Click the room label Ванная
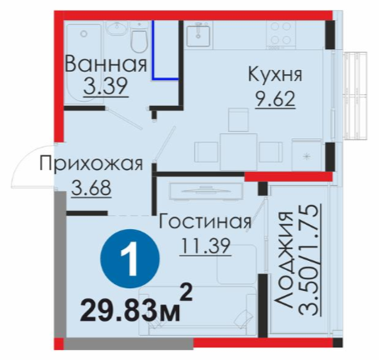[x=106, y=64]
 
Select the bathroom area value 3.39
[x=106, y=86]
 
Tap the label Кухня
[x=275, y=74]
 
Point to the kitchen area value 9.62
[x=275, y=98]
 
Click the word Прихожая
[x=91, y=163]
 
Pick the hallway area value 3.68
[x=92, y=187]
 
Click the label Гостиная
[x=205, y=221]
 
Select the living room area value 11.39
[x=205, y=246]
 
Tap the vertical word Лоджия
[x=284, y=260]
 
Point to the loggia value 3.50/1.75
[x=308, y=260]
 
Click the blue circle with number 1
[x=130, y=258]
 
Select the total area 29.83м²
[x=136, y=306]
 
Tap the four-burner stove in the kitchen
[x=280, y=34]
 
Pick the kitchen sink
[x=198, y=35]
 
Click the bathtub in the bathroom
[x=83, y=64]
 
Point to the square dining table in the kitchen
[x=239, y=152]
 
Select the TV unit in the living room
[x=206, y=190]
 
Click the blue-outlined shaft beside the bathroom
[x=166, y=50]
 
